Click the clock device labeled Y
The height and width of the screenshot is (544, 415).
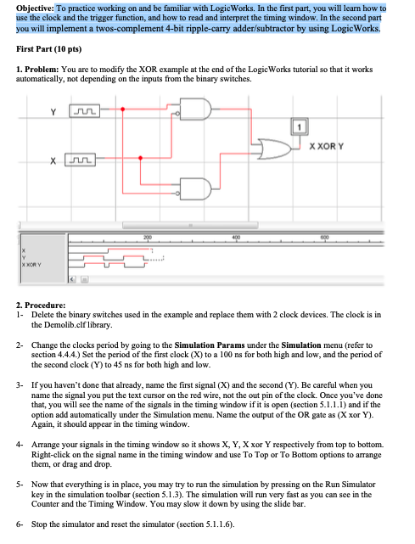pyautogui.click(x=85, y=111)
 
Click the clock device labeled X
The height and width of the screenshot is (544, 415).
pyautogui.click(x=80, y=160)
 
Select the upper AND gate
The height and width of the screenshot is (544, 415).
pyautogui.click(x=194, y=109)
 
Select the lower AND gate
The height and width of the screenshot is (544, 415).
pyautogui.click(x=195, y=189)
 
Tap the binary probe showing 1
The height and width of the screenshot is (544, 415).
pyautogui.click(x=299, y=127)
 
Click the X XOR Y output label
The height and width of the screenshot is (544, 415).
pyautogui.click(x=326, y=147)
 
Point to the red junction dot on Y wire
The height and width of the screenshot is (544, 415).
pyautogui.click(x=122, y=109)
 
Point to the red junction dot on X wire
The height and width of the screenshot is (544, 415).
pyautogui.click(x=140, y=158)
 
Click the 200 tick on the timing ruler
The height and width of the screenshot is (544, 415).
pyautogui.click(x=148, y=238)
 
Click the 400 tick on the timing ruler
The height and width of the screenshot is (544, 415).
pyautogui.click(x=236, y=238)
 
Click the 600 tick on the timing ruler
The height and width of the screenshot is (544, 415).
pyautogui.click(x=324, y=238)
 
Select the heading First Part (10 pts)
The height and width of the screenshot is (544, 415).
pyautogui.click(x=49, y=49)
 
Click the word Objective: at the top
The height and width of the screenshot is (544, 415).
pyautogui.click(x=35, y=8)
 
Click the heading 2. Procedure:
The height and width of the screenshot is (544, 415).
pyautogui.click(x=41, y=306)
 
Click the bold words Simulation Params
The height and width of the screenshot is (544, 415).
pyautogui.click(x=210, y=345)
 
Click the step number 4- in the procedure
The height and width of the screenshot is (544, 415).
pyautogui.click(x=20, y=445)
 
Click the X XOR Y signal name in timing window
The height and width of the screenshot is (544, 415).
pyautogui.click(x=31, y=265)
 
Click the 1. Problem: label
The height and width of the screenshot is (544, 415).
pyautogui.click(x=37, y=70)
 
